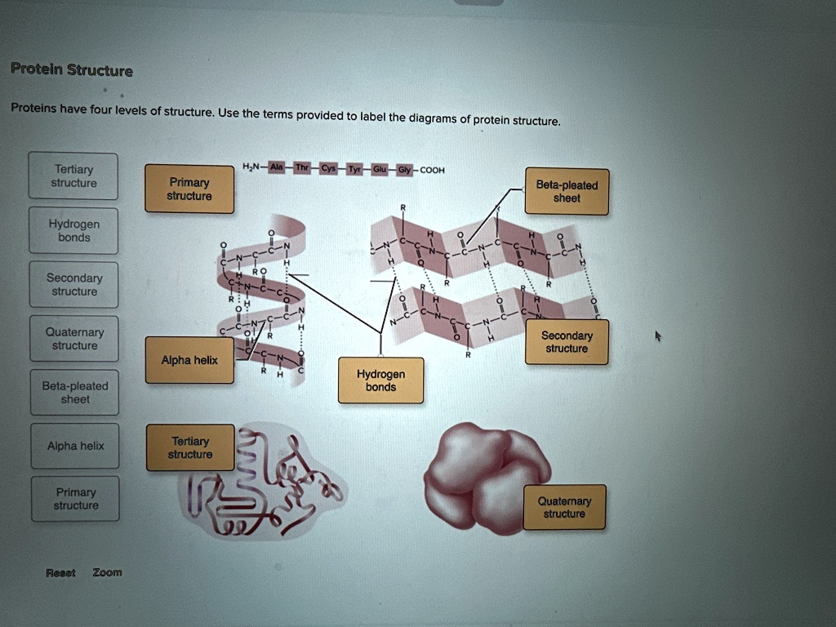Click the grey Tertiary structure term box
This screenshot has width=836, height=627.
pyautogui.click(x=73, y=176)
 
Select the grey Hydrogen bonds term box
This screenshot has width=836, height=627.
pyautogui.click(x=73, y=231)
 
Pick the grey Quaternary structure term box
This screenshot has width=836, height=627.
pyautogui.click(x=74, y=339)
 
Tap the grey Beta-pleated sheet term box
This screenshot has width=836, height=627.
pyautogui.click(x=75, y=393)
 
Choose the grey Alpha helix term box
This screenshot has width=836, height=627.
pyautogui.click(x=75, y=446)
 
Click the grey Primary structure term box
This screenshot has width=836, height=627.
pyautogui.click(x=76, y=499)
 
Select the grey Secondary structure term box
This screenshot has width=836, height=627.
pyautogui.click(x=74, y=285)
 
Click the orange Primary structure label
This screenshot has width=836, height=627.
pyautogui.click(x=189, y=189)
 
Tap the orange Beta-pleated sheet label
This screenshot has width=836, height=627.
pyautogui.click(x=567, y=192)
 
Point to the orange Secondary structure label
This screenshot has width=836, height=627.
pyautogui.click(x=567, y=342)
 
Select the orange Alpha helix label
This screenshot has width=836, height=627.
pyautogui.click(x=189, y=360)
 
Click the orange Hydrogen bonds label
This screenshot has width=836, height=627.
pyautogui.click(x=380, y=380)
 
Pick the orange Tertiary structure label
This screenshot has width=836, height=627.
pyautogui.click(x=190, y=447)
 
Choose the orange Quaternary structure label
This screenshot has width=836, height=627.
pyautogui.click(x=564, y=507)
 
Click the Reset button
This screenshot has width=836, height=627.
pyautogui.click(x=60, y=573)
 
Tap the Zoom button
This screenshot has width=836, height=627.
pyautogui.click(x=107, y=572)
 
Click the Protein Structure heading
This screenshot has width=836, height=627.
pyautogui.click(x=72, y=69)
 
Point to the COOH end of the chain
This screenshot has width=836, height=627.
pyautogui.click(x=432, y=171)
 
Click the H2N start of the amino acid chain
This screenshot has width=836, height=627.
pyautogui.click(x=251, y=167)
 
